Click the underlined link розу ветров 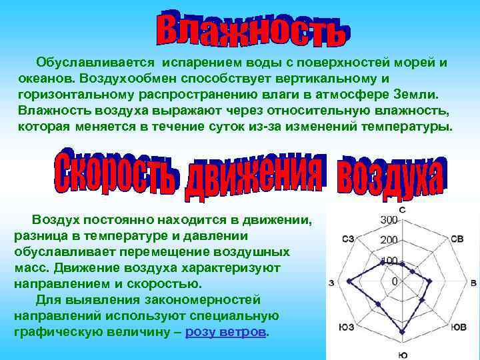[x=227, y=331]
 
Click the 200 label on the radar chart [x=389, y=240]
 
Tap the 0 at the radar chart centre [x=395, y=282]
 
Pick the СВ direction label [x=457, y=239]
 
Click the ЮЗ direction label [x=346, y=327]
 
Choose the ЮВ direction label [x=458, y=327]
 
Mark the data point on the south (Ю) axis [x=403, y=333]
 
